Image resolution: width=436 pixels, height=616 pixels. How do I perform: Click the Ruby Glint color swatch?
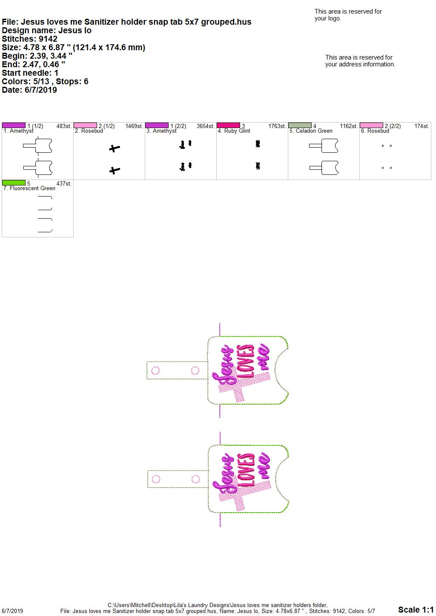(x=228, y=125)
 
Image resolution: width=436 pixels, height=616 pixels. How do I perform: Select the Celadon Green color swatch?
(x=300, y=125)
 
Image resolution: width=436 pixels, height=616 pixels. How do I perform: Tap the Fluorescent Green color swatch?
(x=14, y=183)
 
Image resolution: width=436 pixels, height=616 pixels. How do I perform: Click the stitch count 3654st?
(x=205, y=126)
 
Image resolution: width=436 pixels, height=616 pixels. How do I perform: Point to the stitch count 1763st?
(x=277, y=126)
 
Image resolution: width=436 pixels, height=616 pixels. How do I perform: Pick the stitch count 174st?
(x=422, y=126)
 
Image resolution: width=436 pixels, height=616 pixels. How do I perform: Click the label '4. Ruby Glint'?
(x=234, y=131)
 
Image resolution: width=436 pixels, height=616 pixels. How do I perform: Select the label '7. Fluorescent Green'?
(x=29, y=188)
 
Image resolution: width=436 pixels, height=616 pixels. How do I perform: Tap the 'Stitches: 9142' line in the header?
(x=30, y=39)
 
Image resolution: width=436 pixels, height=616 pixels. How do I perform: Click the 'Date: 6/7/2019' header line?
(x=29, y=90)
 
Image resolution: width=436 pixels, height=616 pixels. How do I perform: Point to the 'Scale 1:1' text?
(x=416, y=609)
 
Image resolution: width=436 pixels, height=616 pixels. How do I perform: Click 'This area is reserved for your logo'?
(x=348, y=15)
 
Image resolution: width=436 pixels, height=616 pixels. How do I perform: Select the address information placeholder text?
(x=360, y=61)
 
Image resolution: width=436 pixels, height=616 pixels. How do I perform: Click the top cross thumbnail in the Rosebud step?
(x=114, y=148)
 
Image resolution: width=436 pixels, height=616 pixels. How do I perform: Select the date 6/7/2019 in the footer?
(x=12, y=611)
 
